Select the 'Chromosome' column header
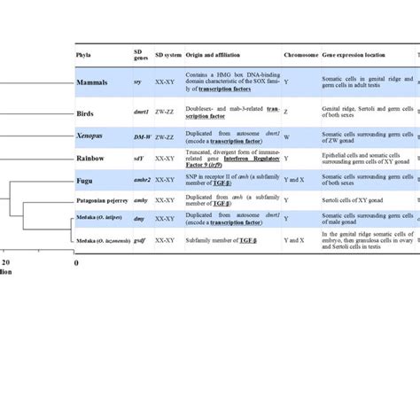[x=301, y=54]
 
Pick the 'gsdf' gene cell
[x=140, y=240]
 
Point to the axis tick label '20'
[x=7, y=263]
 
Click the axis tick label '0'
[x=76, y=263]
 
